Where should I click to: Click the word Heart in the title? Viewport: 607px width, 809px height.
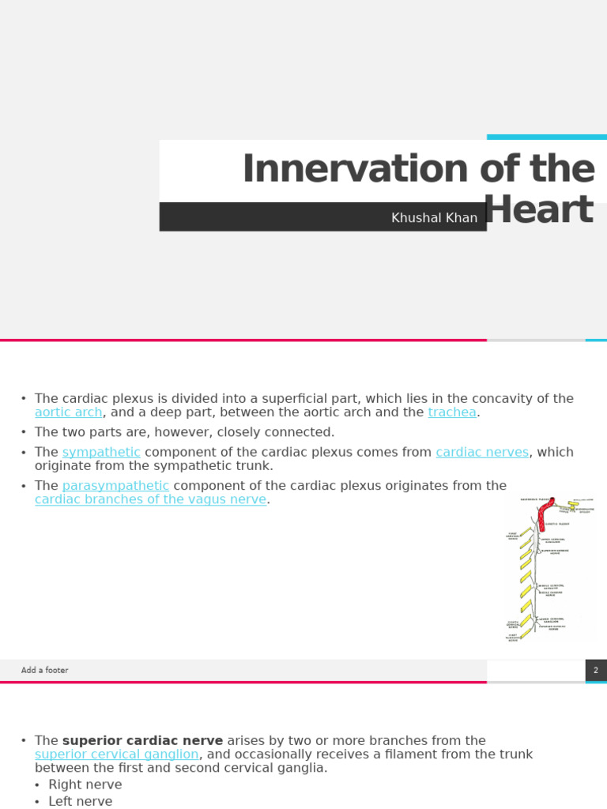click(x=539, y=210)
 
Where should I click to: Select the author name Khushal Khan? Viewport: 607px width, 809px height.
click(x=434, y=217)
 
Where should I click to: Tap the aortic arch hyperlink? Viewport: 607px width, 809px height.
click(x=68, y=412)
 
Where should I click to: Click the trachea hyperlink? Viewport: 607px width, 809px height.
click(x=452, y=412)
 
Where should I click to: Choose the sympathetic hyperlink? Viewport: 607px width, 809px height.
click(x=101, y=452)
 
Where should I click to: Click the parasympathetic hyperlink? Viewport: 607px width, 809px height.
click(x=115, y=485)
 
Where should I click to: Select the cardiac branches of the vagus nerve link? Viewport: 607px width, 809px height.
click(x=150, y=499)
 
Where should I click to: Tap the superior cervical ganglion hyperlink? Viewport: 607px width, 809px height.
click(x=116, y=754)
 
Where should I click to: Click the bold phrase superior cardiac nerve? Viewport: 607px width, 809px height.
click(x=142, y=740)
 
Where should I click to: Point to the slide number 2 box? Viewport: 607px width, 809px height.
click(x=596, y=670)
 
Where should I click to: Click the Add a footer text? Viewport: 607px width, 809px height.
click(x=45, y=670)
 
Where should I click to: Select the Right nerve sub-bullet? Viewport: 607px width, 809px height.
click(x=85, y=785)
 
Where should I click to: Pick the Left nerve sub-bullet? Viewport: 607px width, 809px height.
click(x=81, y=801)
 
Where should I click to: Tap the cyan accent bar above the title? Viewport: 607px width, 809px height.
click(x=546, y=137)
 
